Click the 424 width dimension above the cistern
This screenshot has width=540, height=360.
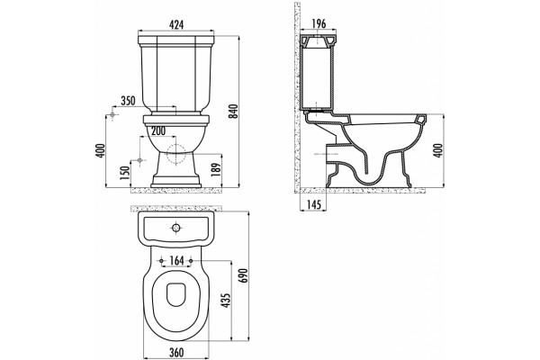pyautogui.click(x=176, y=24)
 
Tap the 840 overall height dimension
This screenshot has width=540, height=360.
pyautogui.click(x=234, y=111)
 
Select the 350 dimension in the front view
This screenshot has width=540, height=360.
pyautogui.click(x=128, y=101)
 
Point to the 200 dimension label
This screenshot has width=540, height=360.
pyautogui.click(x=157, y=130)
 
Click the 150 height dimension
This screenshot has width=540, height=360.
pyautogui.click(x=125, y=173)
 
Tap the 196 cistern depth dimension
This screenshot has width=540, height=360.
pyautogui.click(x=319, y=23)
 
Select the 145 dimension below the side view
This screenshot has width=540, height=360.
pyautogui.click(x=313, y=204)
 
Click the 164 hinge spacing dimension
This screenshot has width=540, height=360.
pyautogui.click(x=176, y=261)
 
